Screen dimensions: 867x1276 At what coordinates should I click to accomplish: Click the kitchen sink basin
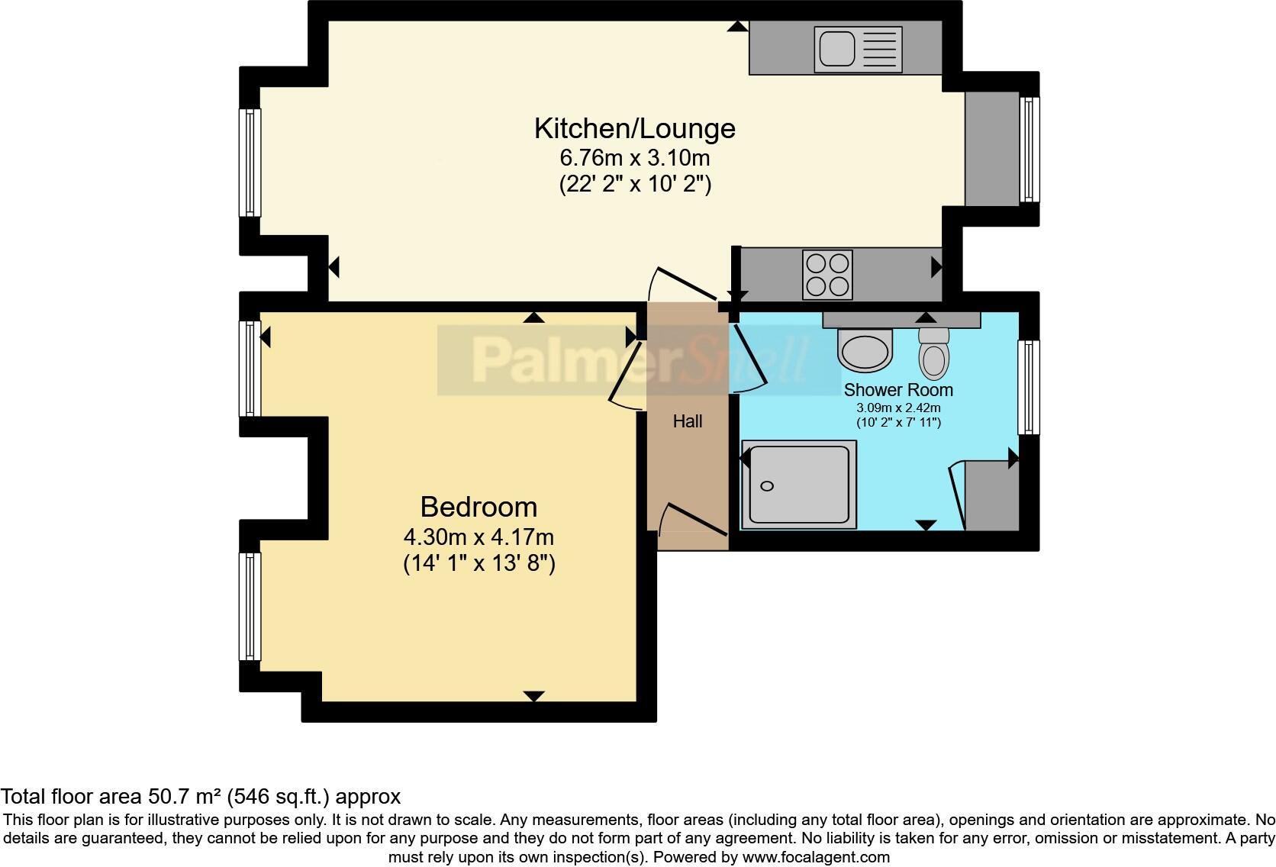836,49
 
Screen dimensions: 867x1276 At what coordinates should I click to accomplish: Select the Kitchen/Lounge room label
634,128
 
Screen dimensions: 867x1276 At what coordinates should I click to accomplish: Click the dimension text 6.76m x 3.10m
634,158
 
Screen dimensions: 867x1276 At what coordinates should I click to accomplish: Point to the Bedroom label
478,507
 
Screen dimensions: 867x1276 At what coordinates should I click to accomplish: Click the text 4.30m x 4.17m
478,537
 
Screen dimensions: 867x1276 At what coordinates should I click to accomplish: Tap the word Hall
687,421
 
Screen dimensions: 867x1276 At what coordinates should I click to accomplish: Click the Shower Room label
897,390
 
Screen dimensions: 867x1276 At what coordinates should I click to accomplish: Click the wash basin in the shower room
865,349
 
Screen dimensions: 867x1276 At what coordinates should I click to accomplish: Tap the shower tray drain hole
767,486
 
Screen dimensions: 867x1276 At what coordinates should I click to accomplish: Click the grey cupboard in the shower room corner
991,495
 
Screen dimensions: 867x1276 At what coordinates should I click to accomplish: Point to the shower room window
1029,387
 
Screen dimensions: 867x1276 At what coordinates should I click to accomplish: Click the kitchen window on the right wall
1029,149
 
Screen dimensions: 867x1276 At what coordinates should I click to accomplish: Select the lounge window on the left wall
250,162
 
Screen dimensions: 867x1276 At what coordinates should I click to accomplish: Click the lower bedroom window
250,606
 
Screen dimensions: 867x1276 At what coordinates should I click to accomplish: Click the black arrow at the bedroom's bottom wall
533,695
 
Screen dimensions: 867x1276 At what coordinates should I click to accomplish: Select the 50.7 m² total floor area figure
182,797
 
